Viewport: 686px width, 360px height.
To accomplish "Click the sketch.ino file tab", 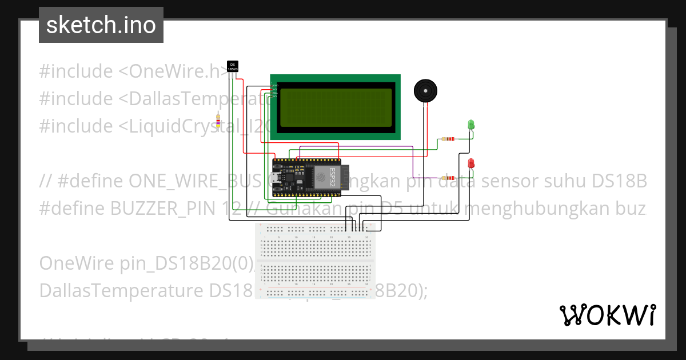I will coord(101,25).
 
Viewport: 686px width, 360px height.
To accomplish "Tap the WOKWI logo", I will coord(607,315).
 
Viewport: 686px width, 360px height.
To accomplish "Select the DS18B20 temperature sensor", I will coord(233,66).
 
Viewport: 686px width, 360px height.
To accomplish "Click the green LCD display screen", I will coord(336,107).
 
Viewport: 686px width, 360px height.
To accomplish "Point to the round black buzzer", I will coord(425,91).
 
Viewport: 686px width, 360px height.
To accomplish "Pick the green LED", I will coord(471,124).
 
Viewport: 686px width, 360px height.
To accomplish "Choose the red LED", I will coord(471,163).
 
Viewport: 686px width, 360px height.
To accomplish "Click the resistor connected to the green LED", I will coord(448,139).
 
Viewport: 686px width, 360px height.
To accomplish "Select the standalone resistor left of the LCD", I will coord(218,121).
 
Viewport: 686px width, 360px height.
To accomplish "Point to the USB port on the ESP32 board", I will coord(276,177).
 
